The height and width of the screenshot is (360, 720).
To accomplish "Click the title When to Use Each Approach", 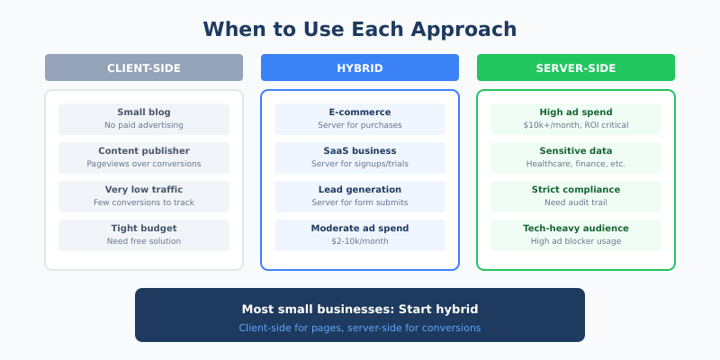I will point(360,29).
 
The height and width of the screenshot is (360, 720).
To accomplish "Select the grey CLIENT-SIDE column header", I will point(144,67).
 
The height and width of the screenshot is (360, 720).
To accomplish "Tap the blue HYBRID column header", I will point(360,67).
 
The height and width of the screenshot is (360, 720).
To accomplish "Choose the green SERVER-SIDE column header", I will point(576,67).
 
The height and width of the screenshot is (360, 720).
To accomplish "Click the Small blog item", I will point(144,119).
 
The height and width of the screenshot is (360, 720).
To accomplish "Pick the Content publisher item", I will point(144,157).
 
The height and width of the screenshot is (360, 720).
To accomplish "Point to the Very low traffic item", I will point(144,196).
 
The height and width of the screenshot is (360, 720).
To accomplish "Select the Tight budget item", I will point(144,235).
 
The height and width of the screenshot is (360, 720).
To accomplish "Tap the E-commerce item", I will point(360,119).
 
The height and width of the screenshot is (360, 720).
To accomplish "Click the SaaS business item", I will point(360,157).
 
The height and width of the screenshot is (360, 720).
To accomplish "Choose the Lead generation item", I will point(360,196).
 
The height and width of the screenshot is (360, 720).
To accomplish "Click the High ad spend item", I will point(576,119).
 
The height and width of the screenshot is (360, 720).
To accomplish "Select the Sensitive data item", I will point(576,157).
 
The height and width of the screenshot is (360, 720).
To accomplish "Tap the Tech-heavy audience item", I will point(576,235).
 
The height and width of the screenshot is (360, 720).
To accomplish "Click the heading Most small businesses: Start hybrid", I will point(360,309).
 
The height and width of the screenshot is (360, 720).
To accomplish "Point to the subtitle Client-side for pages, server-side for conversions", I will point(360,328).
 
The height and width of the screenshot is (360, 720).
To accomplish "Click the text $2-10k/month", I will point(360,241).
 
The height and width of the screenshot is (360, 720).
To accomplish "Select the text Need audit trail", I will point(576,202).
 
